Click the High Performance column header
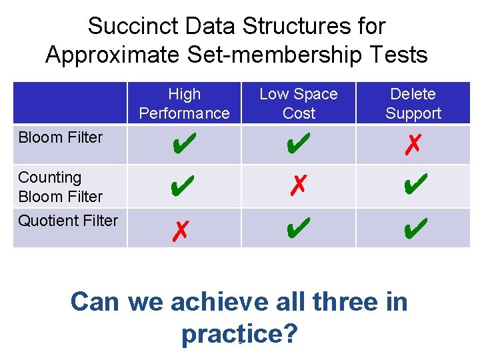[x=184, y=104]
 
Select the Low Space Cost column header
[x=298, y=104]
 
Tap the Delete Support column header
[x=413, y=104]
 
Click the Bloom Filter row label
[x=61, y=138]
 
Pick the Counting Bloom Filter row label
[x=61, y=187]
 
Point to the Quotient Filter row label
[x=68, y=221]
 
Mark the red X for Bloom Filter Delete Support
[x=413, y=143]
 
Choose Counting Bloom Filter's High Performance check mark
[x=183, y=186]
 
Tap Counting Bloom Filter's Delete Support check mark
[x=413, y=186]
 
